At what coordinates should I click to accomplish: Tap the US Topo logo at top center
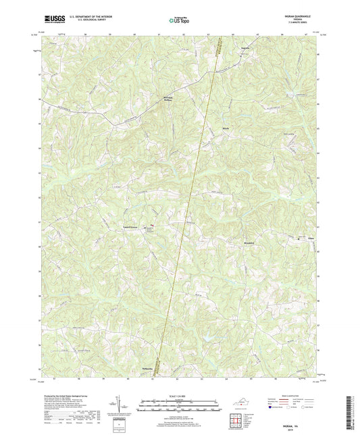coord(178,20)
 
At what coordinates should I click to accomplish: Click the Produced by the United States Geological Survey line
coord(64,393)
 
